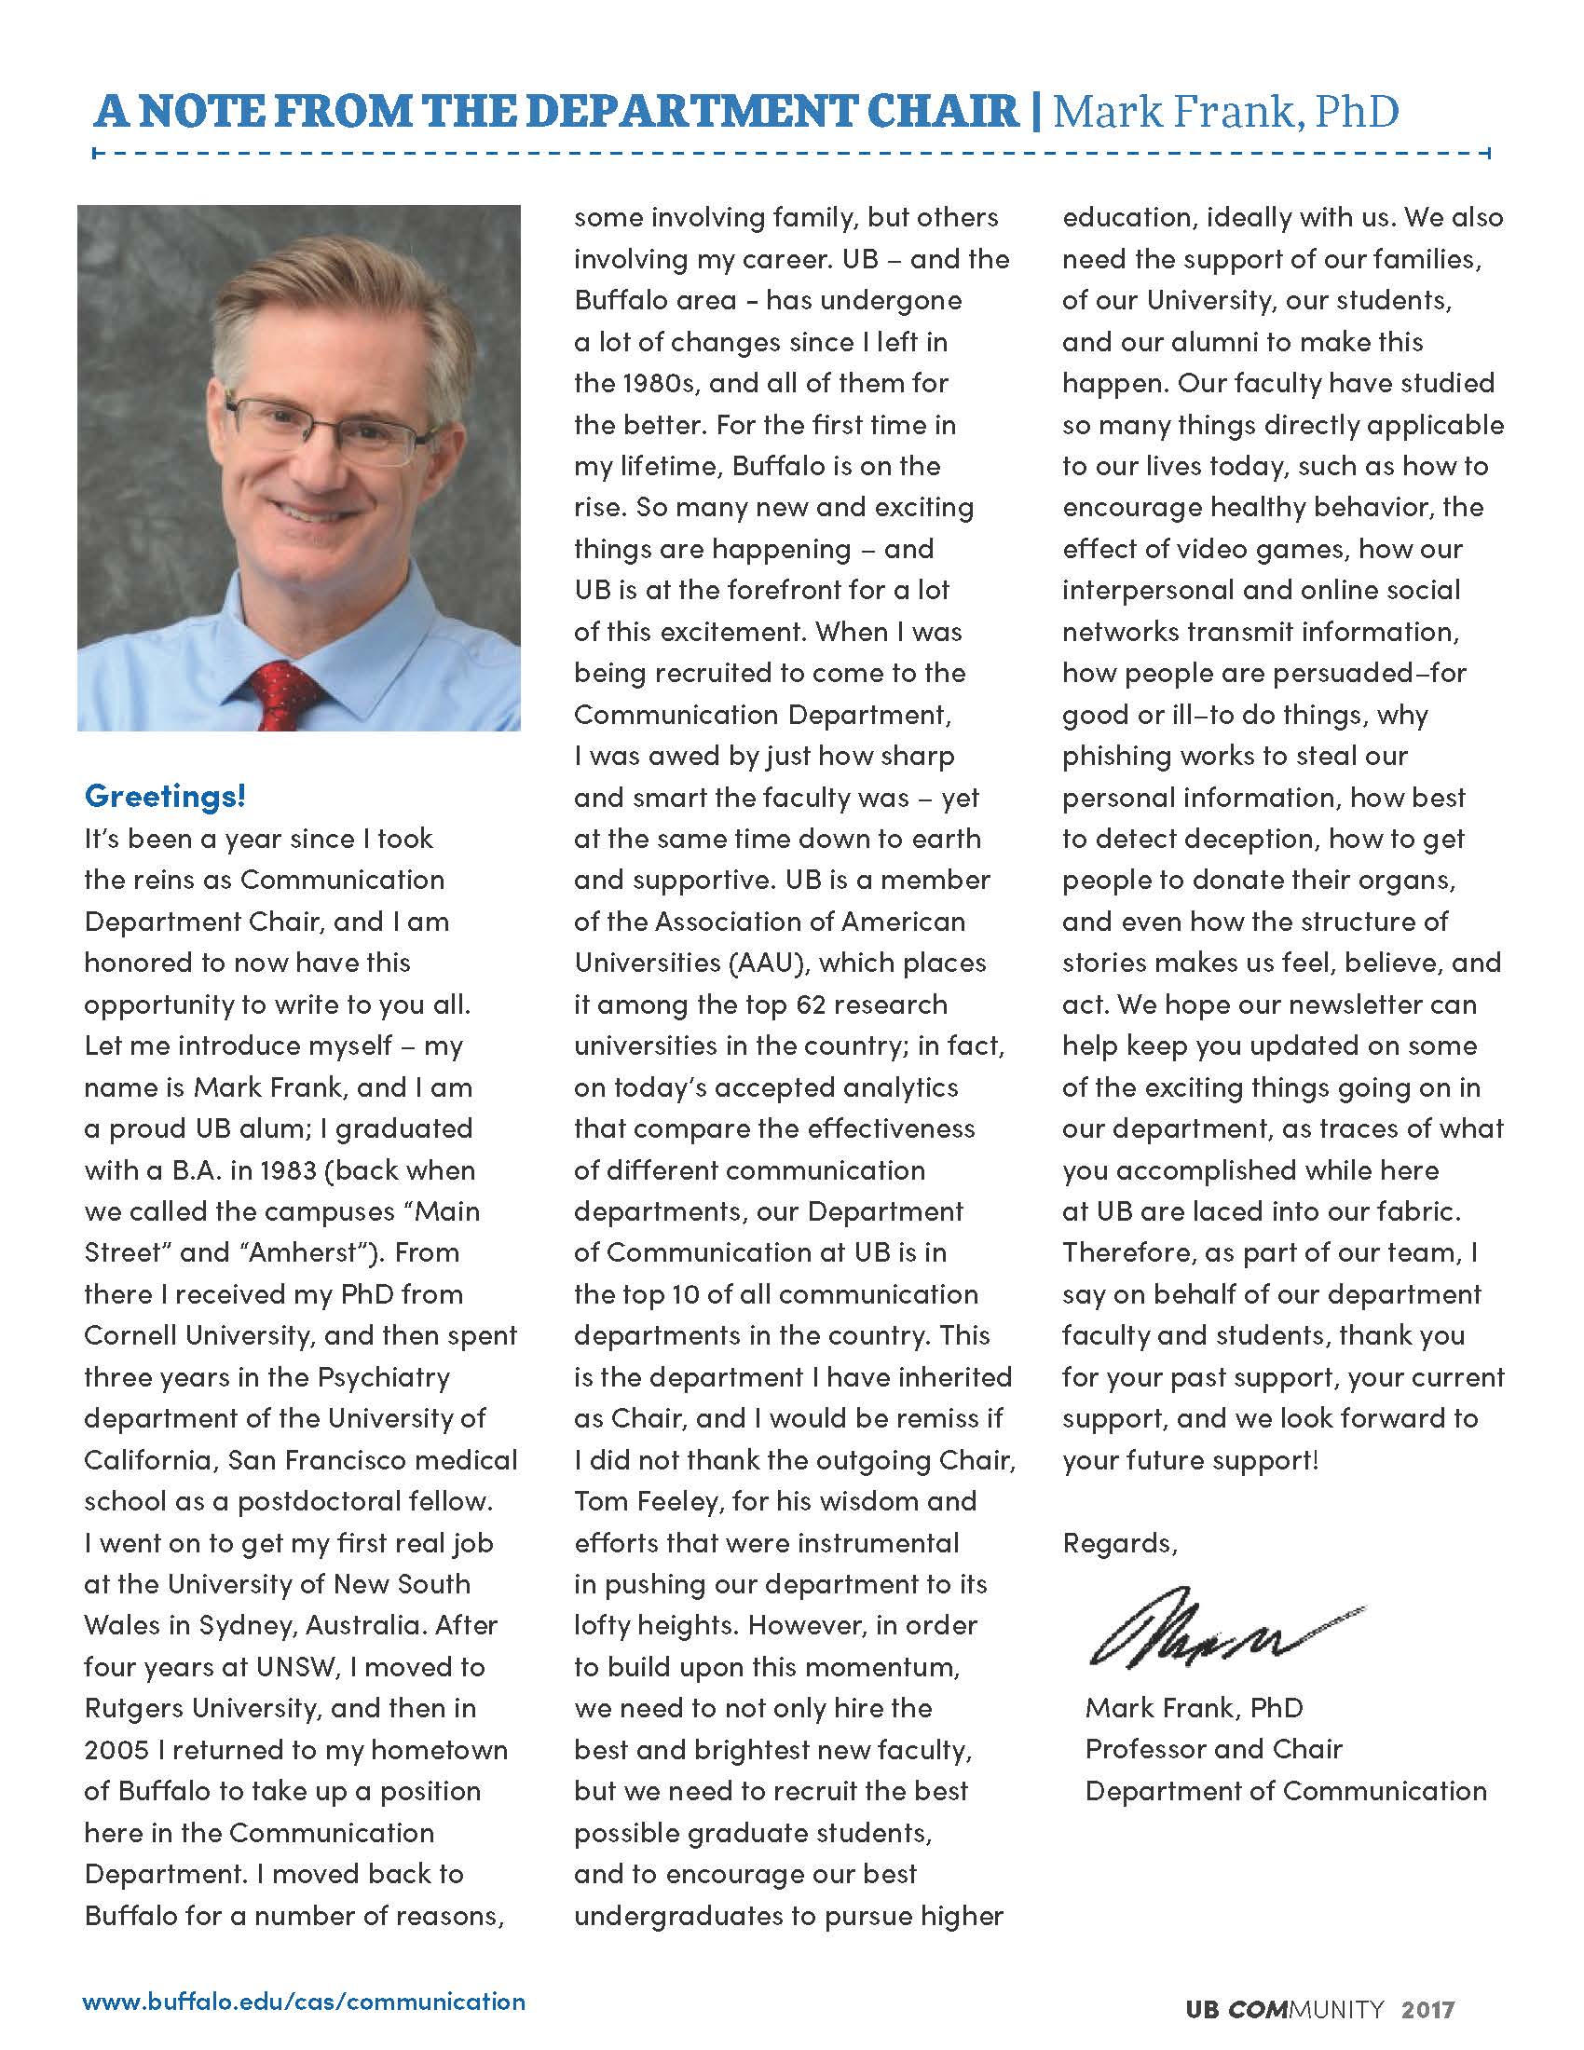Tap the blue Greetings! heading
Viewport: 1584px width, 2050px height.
coord(165,796)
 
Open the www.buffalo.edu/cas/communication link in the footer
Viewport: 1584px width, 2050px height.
coord(304,2002)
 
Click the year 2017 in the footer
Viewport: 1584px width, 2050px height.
coord(1428,2010)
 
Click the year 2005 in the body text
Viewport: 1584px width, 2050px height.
coord(117,1750)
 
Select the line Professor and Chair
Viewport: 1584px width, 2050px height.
coord(1213,1749)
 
